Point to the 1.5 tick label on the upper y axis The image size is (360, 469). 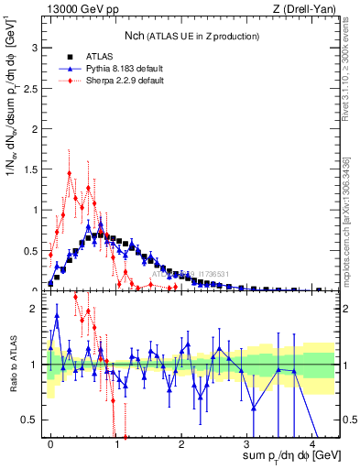(x=35, y=169)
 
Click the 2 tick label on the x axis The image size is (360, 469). (x=181, y=443)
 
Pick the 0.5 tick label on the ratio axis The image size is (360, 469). (x=35, y=420)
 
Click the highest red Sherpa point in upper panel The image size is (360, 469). (x=69, y=173)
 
